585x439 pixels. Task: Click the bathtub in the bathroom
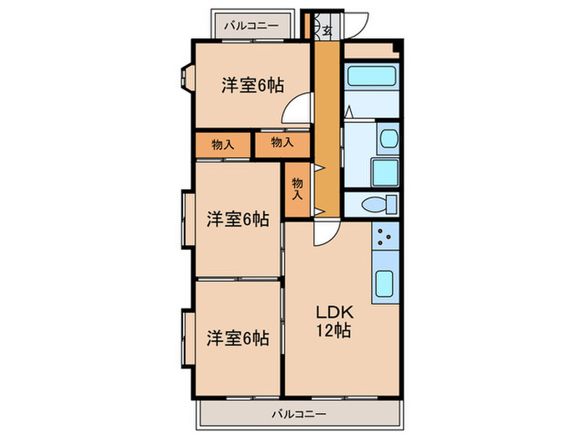click(372, 77)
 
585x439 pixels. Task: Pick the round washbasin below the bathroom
click(388, 139)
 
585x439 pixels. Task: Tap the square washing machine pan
click(385, 173)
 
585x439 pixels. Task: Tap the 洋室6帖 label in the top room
click(252, 84)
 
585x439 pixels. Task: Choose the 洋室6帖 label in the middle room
click(237, 219)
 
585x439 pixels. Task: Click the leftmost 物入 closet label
click(222, 145)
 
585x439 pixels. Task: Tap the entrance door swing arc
click(358, 28)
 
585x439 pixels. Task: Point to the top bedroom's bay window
click(186, 78)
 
